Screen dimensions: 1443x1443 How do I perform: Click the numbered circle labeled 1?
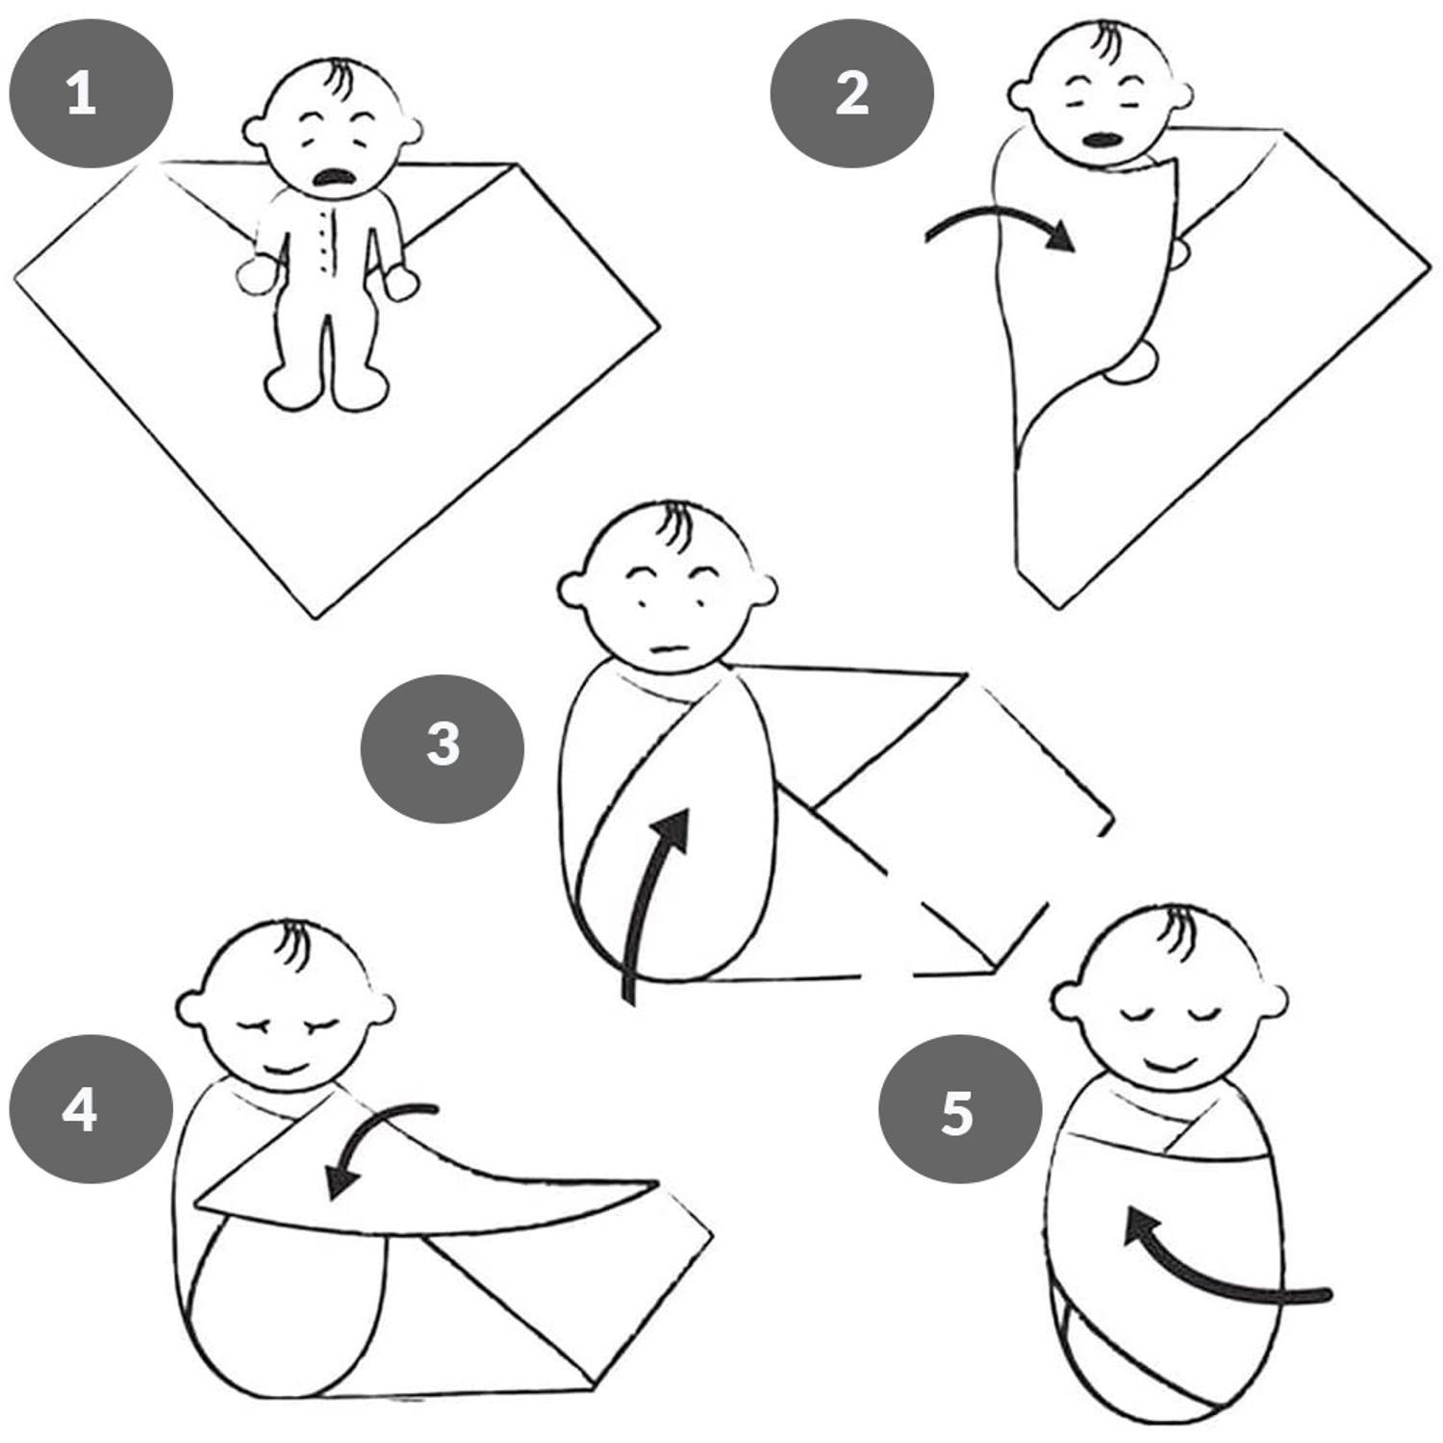(90, 94)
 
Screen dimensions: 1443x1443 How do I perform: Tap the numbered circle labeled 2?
(851, 94)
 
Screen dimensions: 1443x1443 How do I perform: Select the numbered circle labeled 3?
(443, 747)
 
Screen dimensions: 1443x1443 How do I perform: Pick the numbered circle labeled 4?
(90, 1108)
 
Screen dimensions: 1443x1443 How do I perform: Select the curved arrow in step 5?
(1212, 1279)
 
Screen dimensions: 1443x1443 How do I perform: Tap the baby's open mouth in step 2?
(1100, 139)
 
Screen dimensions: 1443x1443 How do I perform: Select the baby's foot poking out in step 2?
(1133, 362)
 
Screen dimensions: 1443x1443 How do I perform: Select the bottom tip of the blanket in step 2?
(1058, 607)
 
